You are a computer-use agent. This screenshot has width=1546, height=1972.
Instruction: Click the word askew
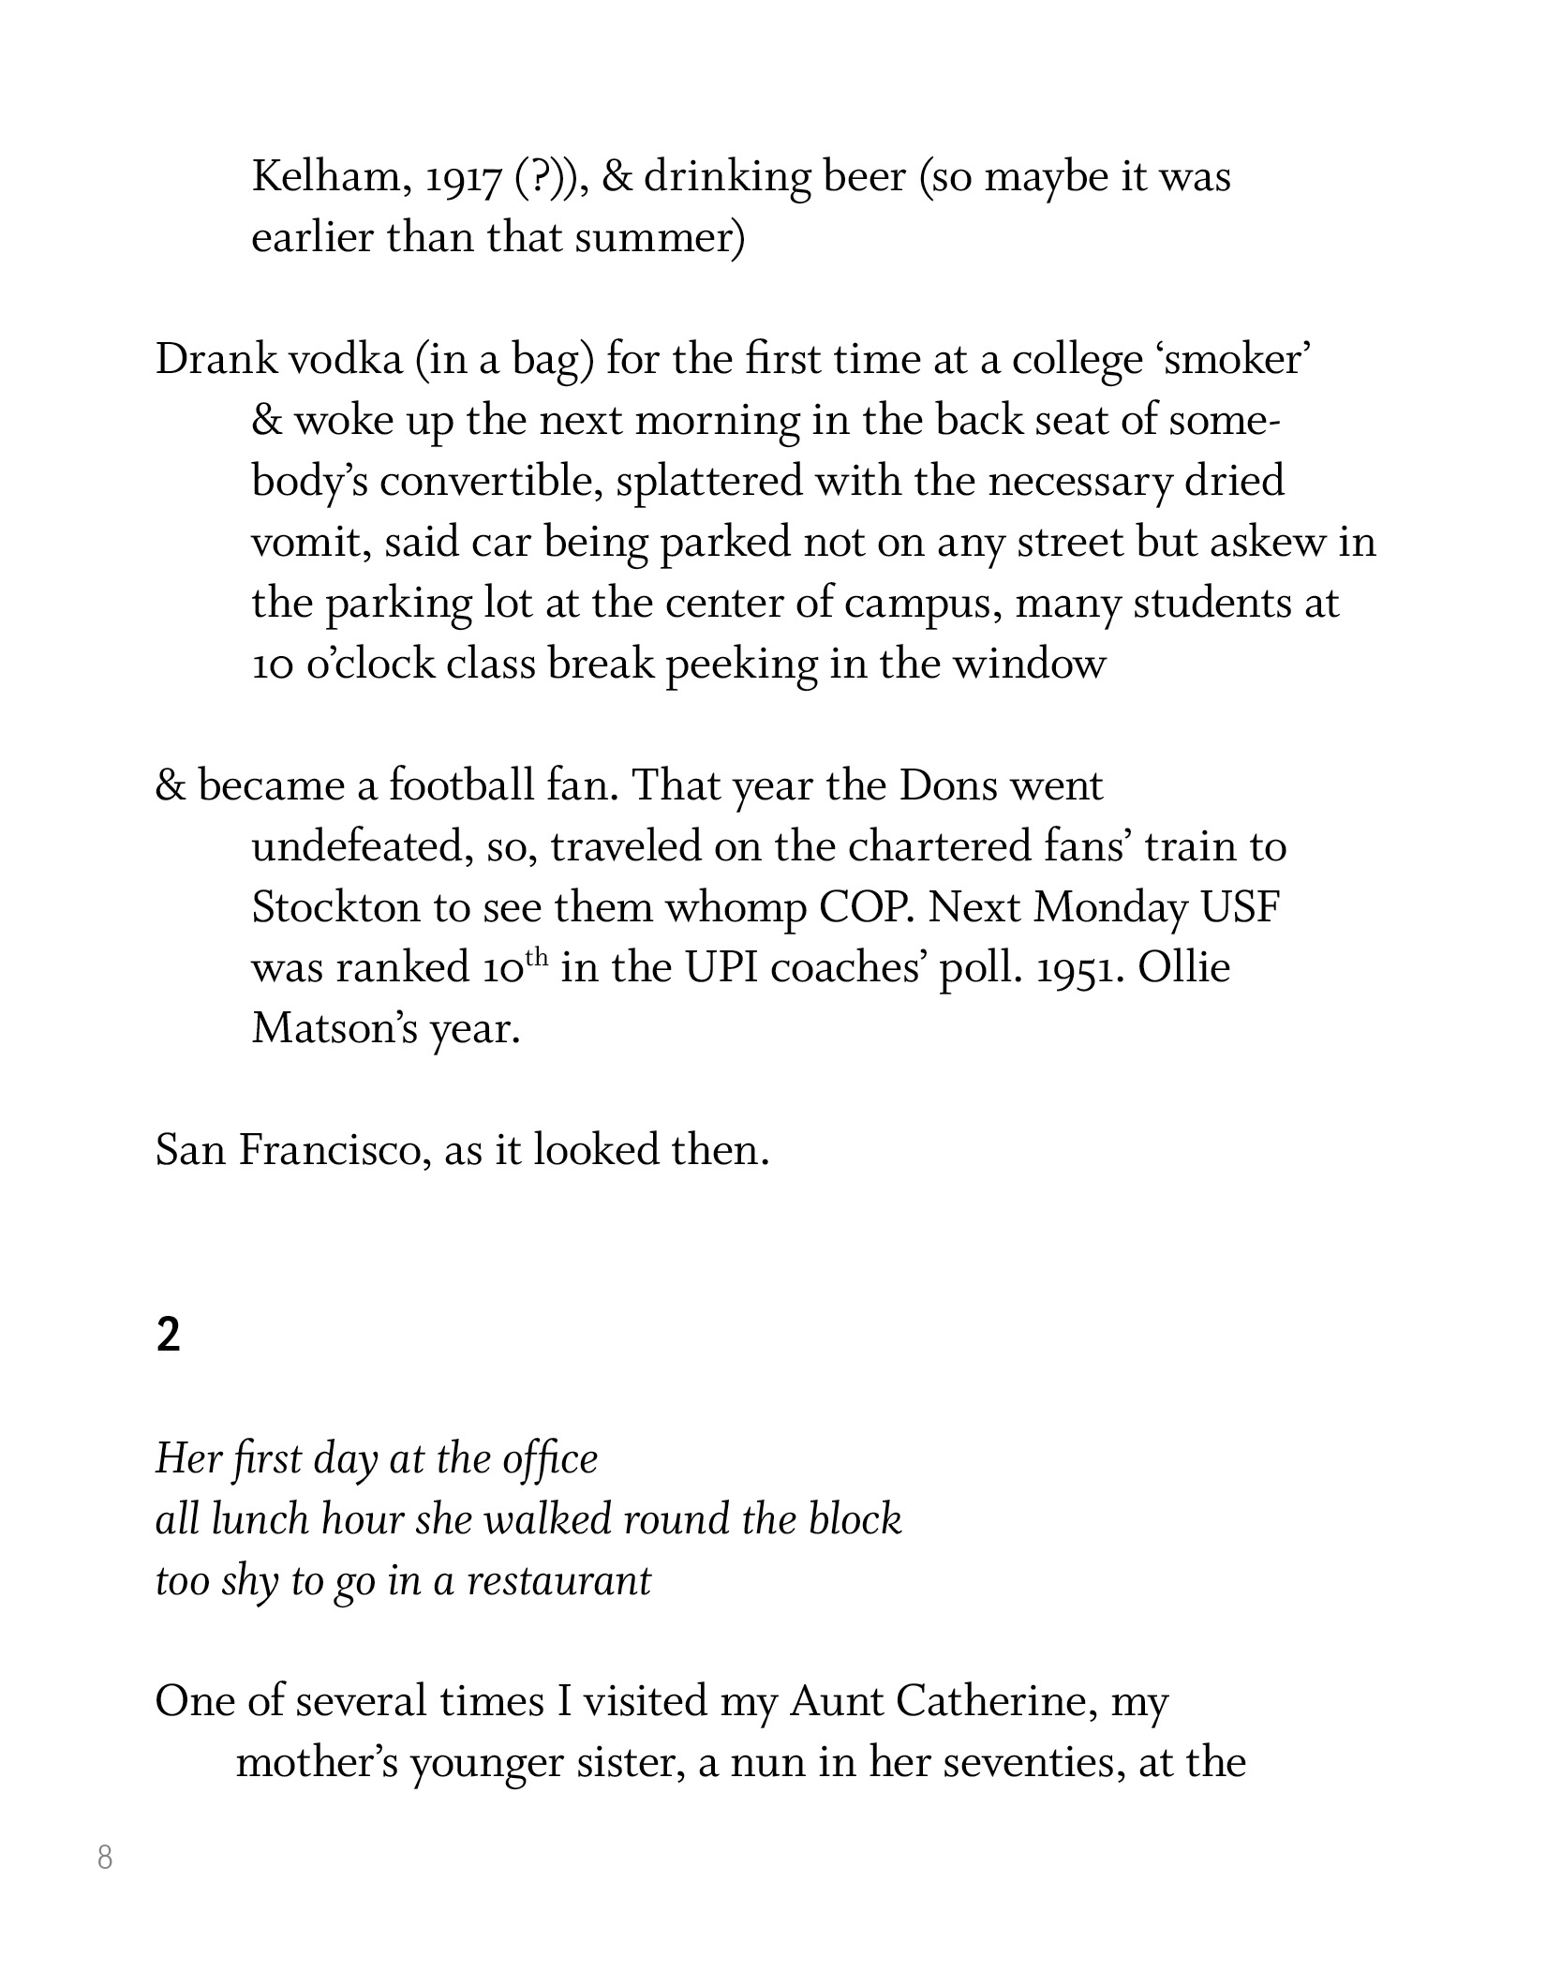[1266, 543]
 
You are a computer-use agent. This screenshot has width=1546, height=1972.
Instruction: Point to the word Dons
[948, 785]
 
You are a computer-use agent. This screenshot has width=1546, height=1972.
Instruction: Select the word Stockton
[335, 907]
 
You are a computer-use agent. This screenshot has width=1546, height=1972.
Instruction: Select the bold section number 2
[168, 1335]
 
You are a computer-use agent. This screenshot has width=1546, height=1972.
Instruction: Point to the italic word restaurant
[558, 1581]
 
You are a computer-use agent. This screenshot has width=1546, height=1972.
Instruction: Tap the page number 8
[105, 1857]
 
